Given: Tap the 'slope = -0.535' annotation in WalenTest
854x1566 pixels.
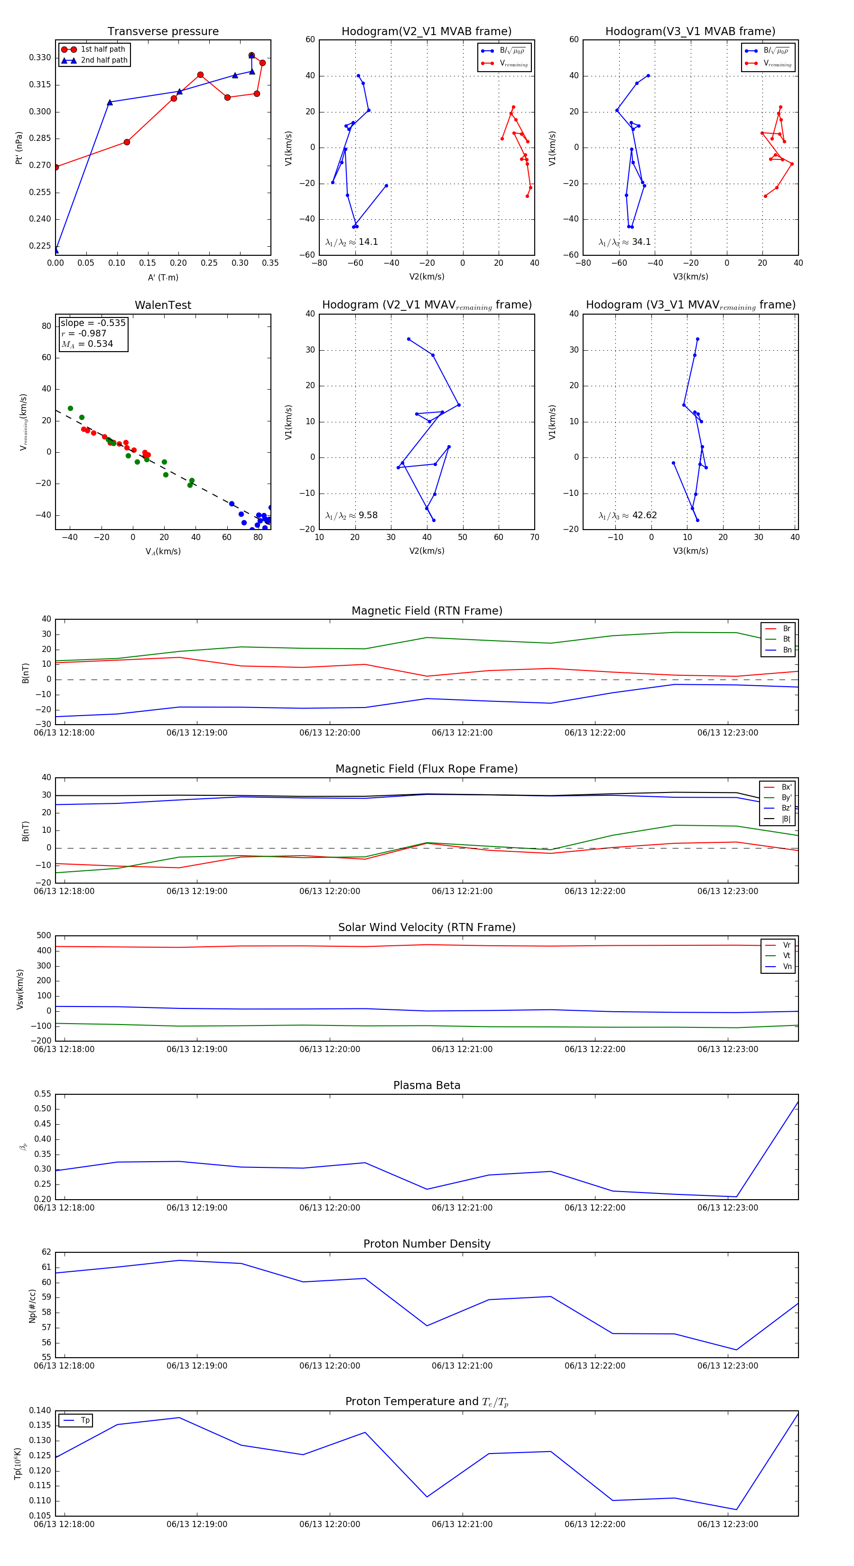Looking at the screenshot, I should point(93,323).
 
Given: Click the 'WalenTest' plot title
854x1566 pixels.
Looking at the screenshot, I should point(163,305).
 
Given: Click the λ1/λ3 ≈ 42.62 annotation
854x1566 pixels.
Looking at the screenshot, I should point(627,515).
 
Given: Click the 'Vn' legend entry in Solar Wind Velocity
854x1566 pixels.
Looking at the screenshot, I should point(787,966).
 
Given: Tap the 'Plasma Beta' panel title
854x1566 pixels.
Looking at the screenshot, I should point(427,1085).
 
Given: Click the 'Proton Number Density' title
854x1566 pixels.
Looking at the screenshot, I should point(427,1243).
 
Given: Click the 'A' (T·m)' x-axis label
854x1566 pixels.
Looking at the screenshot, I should point(163,278).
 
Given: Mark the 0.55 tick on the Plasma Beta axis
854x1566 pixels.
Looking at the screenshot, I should point(43,1094).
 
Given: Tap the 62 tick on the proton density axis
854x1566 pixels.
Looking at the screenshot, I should point(46,1252).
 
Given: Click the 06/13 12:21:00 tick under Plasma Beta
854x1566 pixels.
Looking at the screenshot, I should point(462,1207).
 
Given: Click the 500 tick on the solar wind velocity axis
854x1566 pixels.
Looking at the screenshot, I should point(44,936).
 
